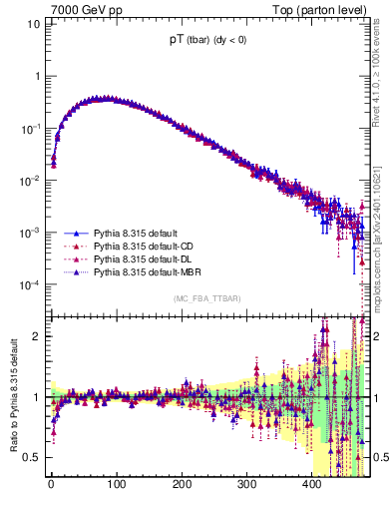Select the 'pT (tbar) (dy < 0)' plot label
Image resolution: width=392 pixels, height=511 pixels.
tap(210, 42)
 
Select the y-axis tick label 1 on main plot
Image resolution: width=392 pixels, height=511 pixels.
tap(37, 76)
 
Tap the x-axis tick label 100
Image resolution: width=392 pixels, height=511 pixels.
tap(116, 484)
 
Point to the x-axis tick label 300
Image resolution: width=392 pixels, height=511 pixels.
tap(246, 484)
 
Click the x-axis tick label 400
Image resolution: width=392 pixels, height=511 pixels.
tap(311, 484)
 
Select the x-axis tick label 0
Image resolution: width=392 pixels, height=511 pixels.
tap(51, 484)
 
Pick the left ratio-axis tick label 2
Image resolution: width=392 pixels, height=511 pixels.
tap(37, 336)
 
